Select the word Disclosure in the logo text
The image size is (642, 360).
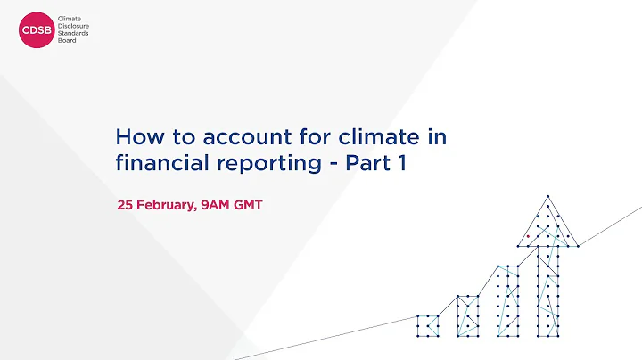tap(74, 26)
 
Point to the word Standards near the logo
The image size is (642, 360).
tap(74, 33)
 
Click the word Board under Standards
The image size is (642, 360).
tap(68, 40)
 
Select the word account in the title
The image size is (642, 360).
tap(234, 138)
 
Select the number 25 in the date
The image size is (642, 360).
tap(126, 206)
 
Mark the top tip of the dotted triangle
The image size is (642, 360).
tap(547, 196)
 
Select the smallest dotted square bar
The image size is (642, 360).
tap(427, 325)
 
